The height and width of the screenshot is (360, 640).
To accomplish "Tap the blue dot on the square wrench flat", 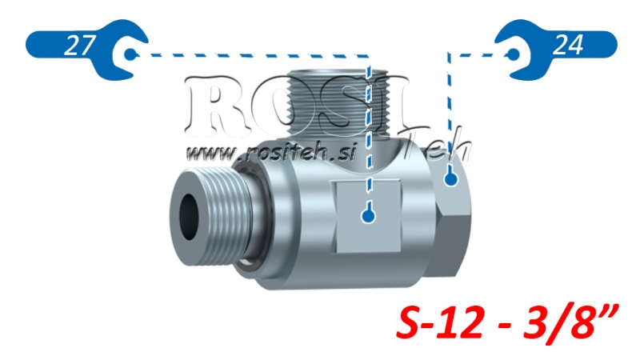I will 367,214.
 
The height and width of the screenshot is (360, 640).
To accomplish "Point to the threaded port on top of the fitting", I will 336,100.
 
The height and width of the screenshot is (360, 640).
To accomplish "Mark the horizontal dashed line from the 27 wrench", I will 248,56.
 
